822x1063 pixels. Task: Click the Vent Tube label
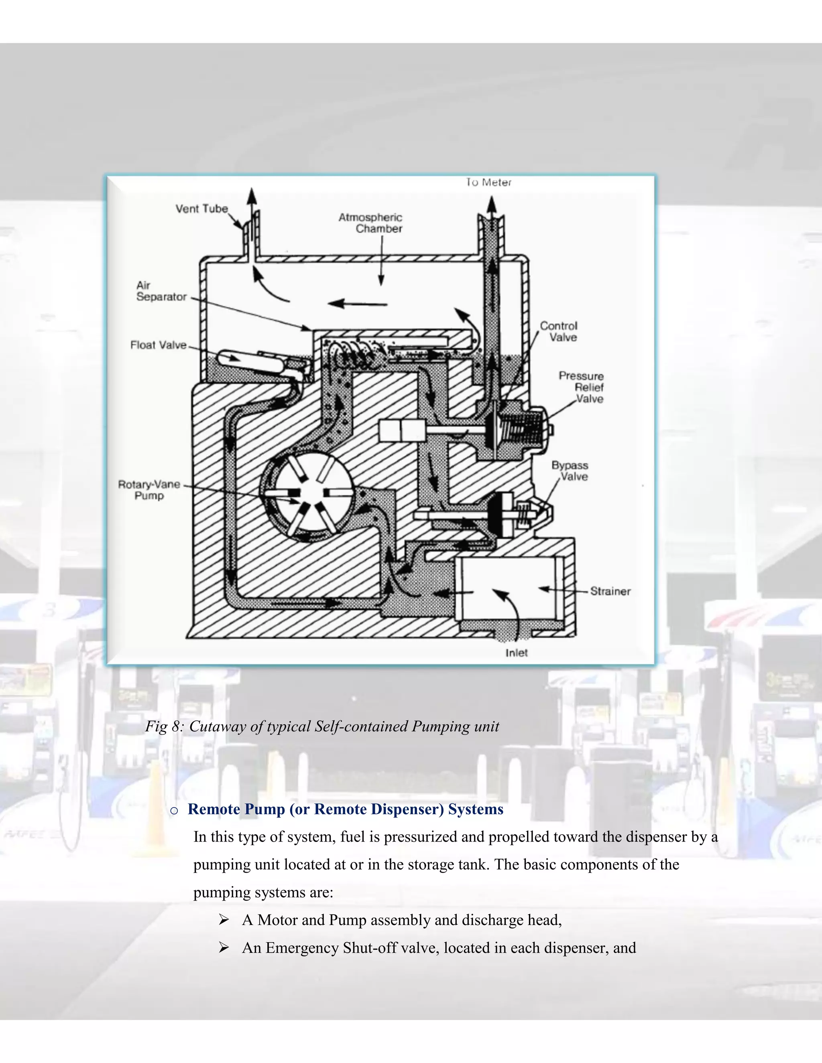click(201, 209)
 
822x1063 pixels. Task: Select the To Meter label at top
click(488, 183)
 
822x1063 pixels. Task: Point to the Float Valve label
click(158, 345)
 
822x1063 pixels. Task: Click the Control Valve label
click(559, 331)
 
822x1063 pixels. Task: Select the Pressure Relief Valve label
click(582, 387)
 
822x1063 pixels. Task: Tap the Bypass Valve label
click(570, 471)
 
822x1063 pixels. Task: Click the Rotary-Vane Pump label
click(149, 490)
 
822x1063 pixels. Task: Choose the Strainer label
click(610, 591)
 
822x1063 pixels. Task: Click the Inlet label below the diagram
click(516, 653)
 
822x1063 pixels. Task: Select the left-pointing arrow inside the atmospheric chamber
click(358, 304)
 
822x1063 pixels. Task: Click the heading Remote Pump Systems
click(345, 809)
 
